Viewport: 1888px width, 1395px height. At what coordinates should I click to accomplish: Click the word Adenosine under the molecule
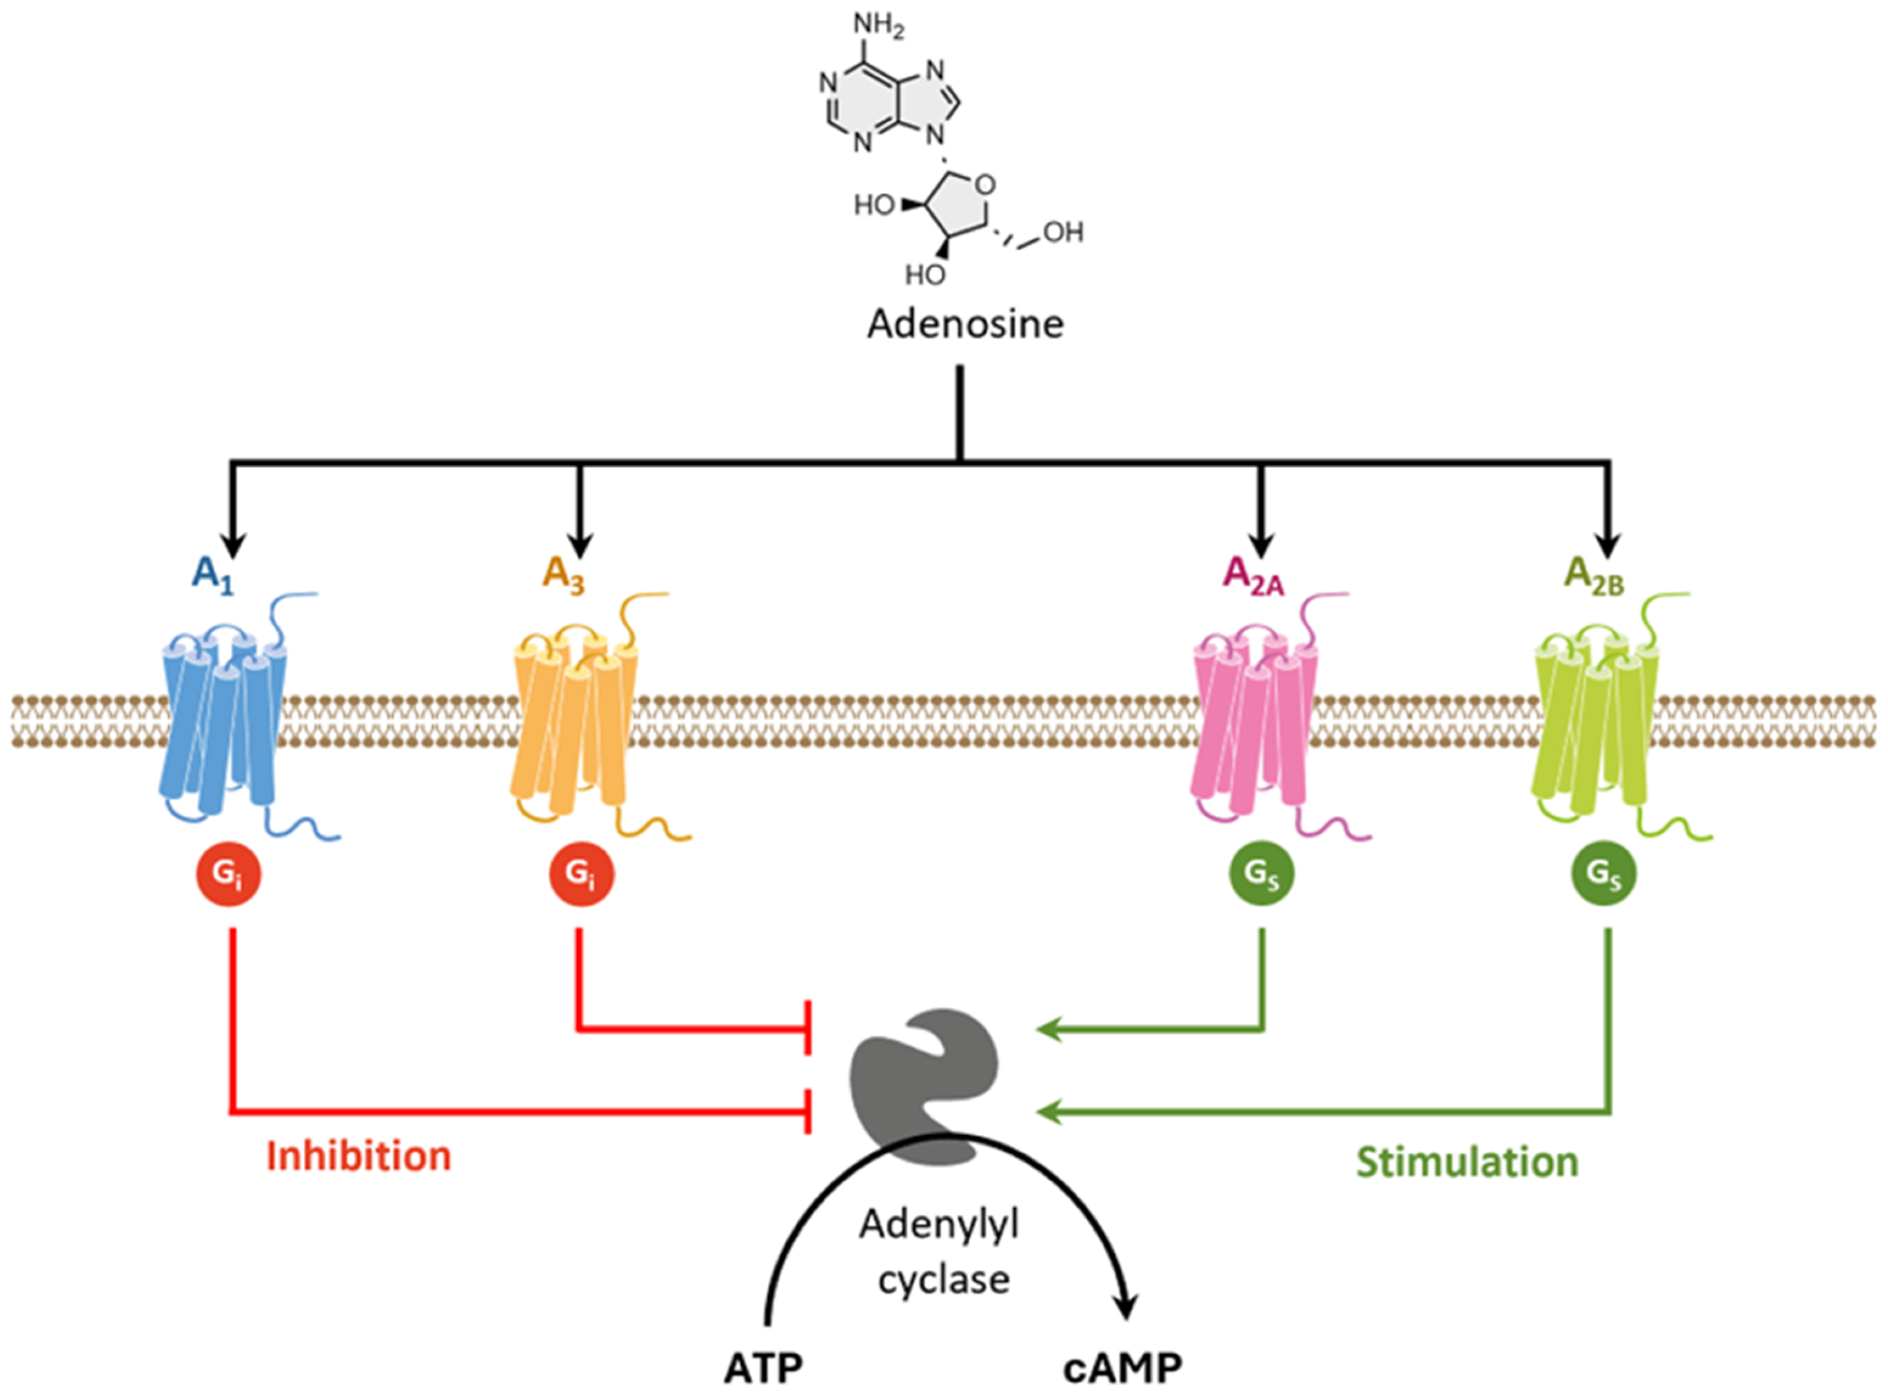click(965, 324)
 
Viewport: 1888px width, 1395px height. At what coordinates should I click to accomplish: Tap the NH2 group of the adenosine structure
click(878, 25)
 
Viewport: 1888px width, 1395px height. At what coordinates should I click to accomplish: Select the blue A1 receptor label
click(212, 575)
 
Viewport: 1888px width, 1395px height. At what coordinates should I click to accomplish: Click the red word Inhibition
click(359, 1156)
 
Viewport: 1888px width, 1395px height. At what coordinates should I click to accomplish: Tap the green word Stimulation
click(1467, 1162)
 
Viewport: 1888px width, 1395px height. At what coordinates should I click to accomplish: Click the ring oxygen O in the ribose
click(985, 184)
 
